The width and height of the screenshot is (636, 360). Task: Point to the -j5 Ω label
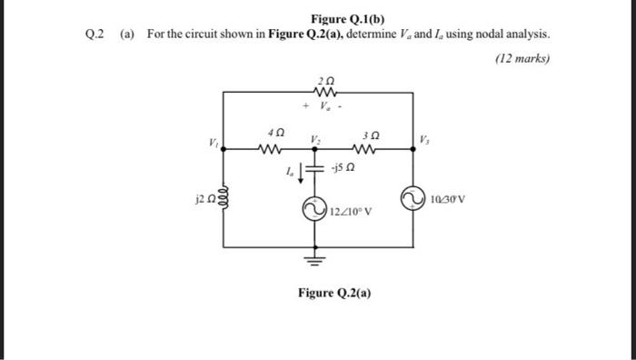(343, 168)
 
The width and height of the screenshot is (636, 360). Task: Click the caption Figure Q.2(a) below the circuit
(334, 293)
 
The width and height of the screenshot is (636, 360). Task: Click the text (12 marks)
(525, 59)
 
